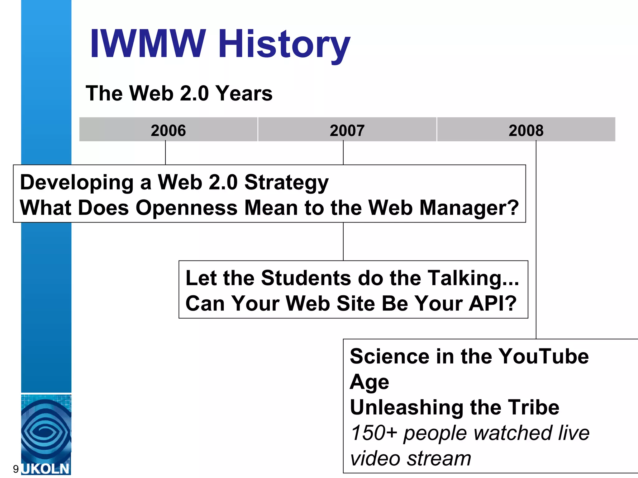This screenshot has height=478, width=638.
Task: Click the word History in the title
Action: coord(284,44)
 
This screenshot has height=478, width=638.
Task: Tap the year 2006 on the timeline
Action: coord(168,130)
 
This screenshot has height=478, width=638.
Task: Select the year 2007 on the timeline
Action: coord(347,130)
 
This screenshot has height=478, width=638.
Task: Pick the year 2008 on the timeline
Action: coord(526,130)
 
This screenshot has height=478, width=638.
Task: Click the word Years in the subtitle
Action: coord(244,93)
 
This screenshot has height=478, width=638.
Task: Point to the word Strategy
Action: coord(286,183)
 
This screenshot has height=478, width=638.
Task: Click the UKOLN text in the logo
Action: coord(46,469)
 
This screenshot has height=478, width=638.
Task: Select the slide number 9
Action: coord(16,469)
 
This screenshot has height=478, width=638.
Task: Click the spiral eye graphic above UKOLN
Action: coord(46,429)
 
